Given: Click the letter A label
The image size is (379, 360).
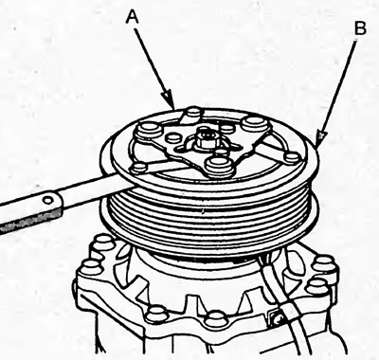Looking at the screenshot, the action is tap(133, 16).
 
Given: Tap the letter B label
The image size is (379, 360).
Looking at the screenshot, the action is tap(360, 28).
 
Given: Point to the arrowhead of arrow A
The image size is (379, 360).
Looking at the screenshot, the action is tap(169, 100).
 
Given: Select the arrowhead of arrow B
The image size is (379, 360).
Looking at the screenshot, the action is tap(320, 139).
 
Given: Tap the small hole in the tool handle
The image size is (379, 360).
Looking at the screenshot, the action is tap(47, 200).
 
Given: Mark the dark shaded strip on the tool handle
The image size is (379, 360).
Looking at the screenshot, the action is tap(30, 220).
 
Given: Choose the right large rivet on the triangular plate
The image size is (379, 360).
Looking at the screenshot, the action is tap(254, 123).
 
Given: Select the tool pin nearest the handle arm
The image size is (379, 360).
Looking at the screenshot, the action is tap(138, 168).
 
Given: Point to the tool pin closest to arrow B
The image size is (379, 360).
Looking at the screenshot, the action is tap(292, 157).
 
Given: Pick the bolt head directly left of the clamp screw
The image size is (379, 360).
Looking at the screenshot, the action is tap(215, 317).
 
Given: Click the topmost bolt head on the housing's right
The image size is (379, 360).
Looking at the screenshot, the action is tap(325, 262).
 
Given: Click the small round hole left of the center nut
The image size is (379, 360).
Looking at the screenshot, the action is tap(172, 136).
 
